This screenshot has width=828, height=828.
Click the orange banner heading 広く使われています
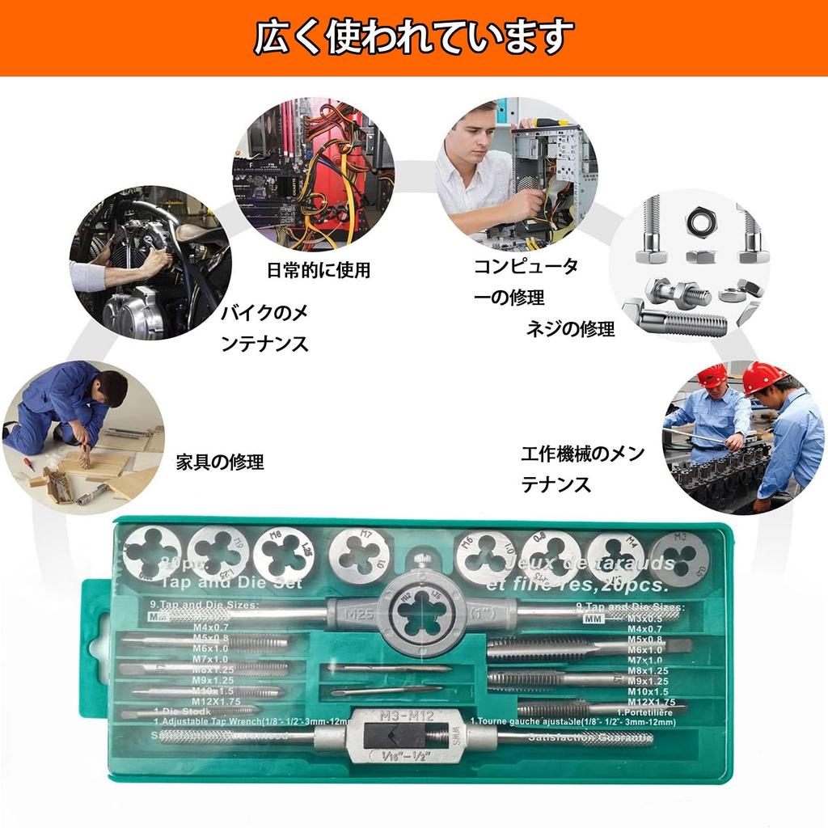click(414, 37)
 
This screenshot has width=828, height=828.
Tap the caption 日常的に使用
click(319, 270)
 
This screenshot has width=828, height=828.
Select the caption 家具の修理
click(220, 463)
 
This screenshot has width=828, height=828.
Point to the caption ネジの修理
click(570, 328)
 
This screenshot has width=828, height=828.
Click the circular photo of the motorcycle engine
click(150, 263)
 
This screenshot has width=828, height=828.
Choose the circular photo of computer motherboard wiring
click(313, 174)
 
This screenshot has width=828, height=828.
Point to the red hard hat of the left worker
click(712, 374)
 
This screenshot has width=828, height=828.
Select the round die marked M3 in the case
click(678, 559)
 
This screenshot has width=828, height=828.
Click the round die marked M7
click(359, 557)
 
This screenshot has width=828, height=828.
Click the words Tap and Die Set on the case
click(231, 582)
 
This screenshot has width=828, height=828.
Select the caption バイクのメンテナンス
click(265, 327)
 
